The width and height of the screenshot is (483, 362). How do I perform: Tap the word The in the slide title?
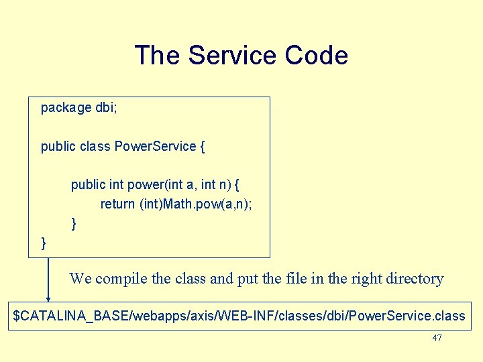pyautogui.click(x=158, y=55)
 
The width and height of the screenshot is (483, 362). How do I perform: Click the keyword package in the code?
pyautogui.click(x=66, y=108)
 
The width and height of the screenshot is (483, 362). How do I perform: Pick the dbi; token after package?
pyautogui.click(x=106, y=108)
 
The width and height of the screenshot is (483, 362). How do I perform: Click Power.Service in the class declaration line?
pyautogui.click(x=156, y=146)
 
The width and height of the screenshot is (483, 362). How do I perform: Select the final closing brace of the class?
pyautogui.click(x=44, y=243)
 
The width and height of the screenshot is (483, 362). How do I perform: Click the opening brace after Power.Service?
pyautogui.click(x=203, y=146)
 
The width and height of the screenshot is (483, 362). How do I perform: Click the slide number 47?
pyautogui.click(x=437, y=339)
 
